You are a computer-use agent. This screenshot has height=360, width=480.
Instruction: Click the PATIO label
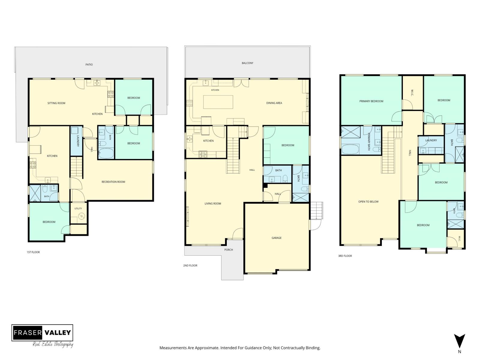click(89, 65)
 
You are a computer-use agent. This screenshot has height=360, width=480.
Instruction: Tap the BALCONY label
click(247, 63)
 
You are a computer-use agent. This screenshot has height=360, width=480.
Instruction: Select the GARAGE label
click(276, 238)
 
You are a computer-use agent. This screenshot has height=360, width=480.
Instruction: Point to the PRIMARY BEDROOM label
click(371, 101)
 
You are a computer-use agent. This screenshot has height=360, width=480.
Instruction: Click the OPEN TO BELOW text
click(368, 202)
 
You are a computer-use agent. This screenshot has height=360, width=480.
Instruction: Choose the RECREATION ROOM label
click(113, 182)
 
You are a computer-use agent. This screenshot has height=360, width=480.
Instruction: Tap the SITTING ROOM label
click(56, 103)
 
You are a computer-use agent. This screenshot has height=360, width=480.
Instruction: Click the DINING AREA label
click(274, 103)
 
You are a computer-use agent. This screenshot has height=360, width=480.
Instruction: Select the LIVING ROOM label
click(213, 203)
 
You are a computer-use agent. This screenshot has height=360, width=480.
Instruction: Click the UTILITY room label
click(78, 208)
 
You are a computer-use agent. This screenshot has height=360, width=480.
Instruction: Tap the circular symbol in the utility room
click(81, 216)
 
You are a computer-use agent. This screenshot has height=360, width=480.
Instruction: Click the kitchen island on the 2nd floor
click(218, 102)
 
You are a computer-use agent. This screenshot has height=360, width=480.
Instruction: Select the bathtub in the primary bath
click(350, 149)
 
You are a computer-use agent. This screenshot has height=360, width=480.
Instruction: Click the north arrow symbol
click(459, 341)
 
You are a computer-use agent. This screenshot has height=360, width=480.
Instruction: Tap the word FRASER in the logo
click(28, 333)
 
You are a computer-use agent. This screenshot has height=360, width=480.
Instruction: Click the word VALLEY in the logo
click(58, 333)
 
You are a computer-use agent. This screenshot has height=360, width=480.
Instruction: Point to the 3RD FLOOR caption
click(345, 256)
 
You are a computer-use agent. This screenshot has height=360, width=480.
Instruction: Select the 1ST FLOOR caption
click(33, 252)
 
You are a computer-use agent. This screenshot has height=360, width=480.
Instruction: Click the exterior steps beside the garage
click(316, 210)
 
